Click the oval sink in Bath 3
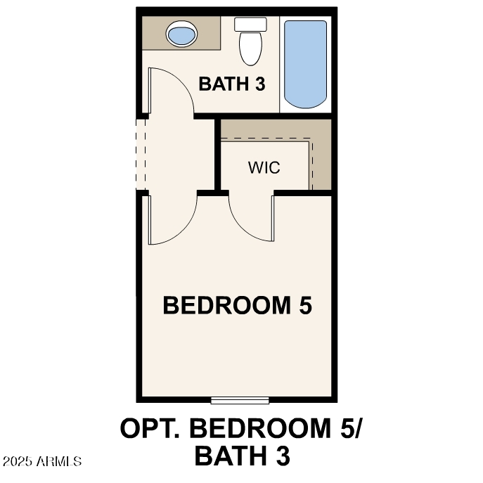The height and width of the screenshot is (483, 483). [x=181, y=33]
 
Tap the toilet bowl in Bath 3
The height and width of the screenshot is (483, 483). [x=250, y=47]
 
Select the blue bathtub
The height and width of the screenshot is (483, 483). [x=305, y=63]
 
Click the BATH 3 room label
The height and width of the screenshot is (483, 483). [x=232, y=84]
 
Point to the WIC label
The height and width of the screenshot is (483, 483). [x=264, y=168]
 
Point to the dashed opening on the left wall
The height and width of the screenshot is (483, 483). [x=141, y=153]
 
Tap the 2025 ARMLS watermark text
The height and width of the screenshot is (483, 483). [x=42, y=462]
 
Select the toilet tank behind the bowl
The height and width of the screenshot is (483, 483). [x=250, y=24]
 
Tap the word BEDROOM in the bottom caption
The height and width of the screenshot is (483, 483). [x=264, y=428]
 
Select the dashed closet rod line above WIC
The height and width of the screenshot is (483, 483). [x=267, y=139]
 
